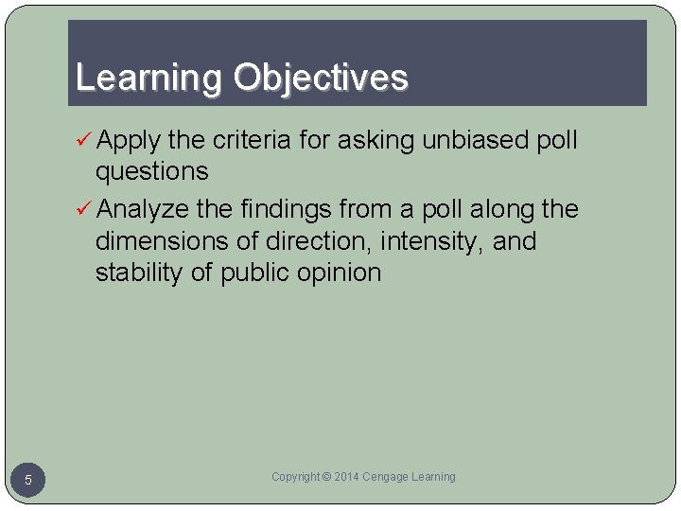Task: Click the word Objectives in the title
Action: [321, 78]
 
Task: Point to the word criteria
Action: [253, 140]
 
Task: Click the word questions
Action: [151, 171]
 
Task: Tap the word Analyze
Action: [143, 208]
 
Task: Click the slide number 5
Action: [28, 481]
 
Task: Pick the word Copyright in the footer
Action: [294, 477]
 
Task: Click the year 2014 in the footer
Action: [347, 477]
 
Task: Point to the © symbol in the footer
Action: [326, 477]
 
